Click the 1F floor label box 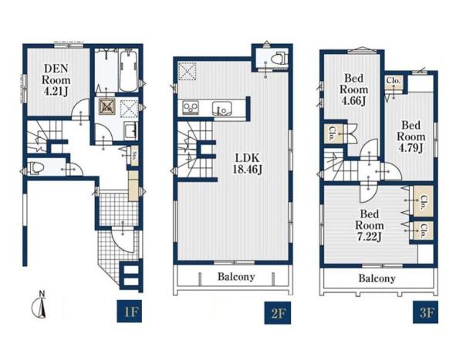[130, 311]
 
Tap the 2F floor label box [277, 312]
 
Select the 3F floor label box [425, 312]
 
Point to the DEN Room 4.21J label [56, 80]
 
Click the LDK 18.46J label [247, 163]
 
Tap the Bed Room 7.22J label [369, 225]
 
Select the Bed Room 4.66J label [353, 89]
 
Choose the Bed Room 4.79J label [411, 136]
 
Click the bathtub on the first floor [128, 71]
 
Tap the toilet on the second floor [279, 57]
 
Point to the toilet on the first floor [36, 167]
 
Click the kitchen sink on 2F [221, 108]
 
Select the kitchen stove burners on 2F [191, 107]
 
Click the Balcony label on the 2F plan [236, 277]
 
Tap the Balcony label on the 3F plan [377, 278]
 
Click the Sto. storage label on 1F [134, 155]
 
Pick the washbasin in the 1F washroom [130, 130]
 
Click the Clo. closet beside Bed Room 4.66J [332, 133]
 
